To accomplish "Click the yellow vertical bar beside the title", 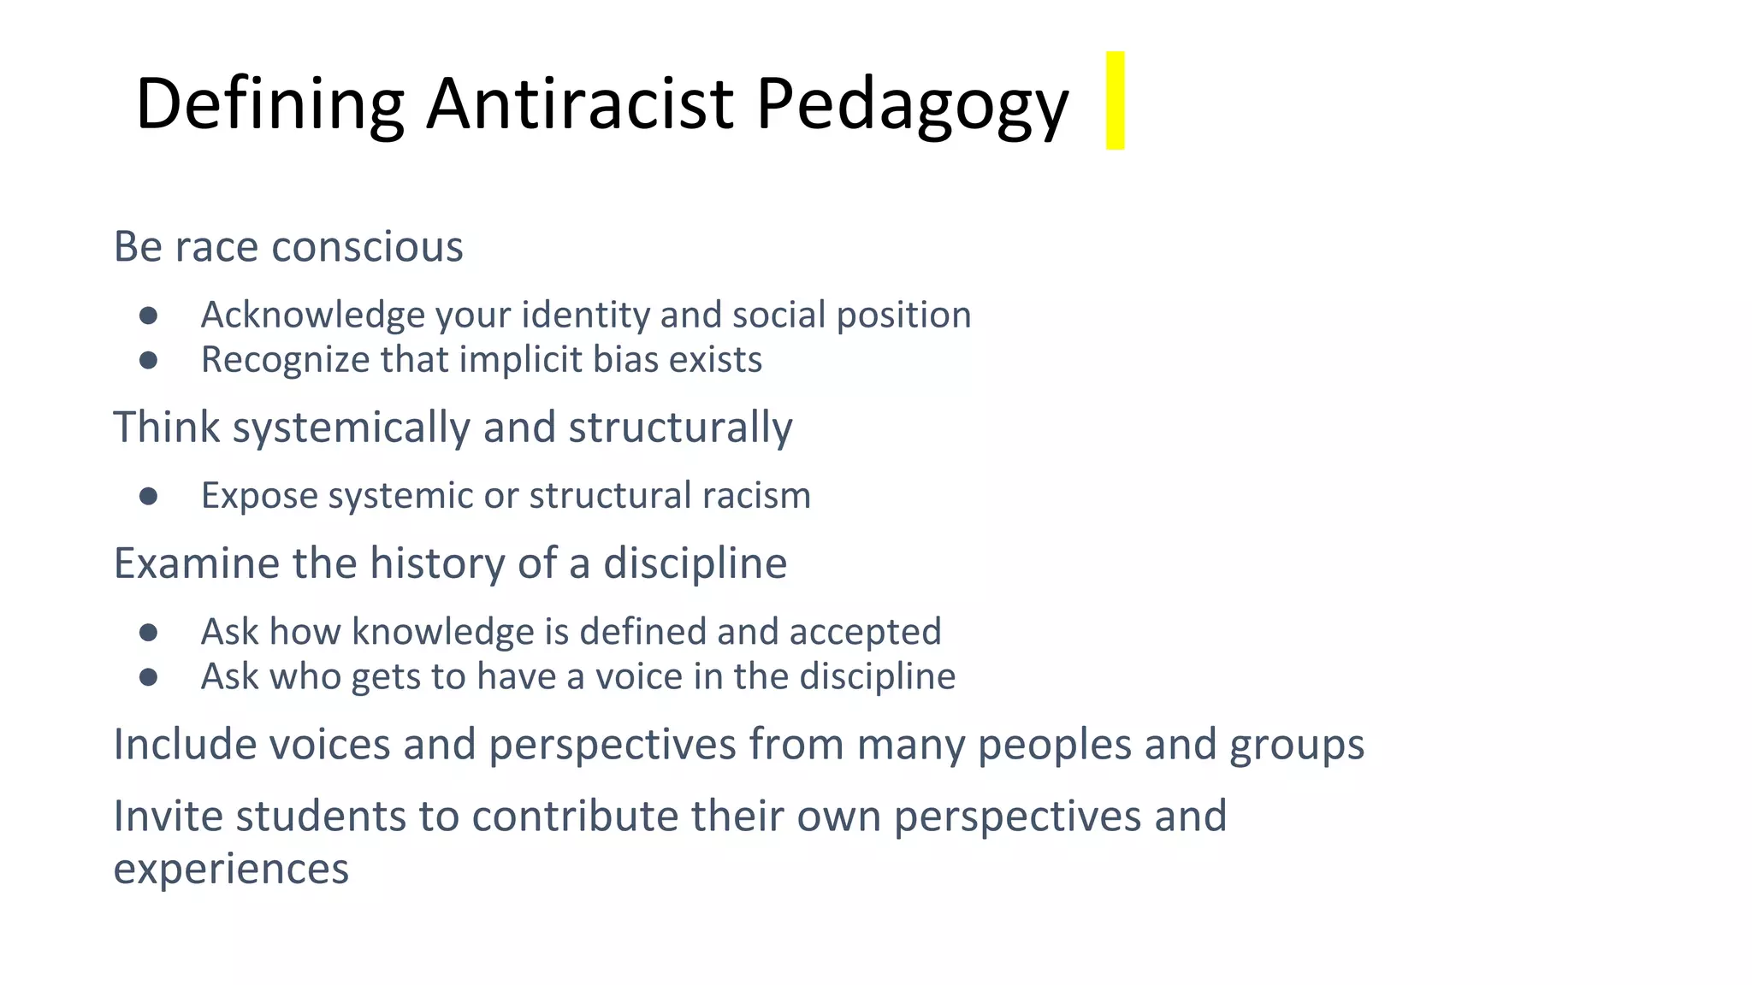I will pyautogui.click(x=1115, y=101).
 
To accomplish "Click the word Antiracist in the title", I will pyautogui.click(x=580, y=103).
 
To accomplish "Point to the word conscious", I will pyautogui.click(x=367, y=247).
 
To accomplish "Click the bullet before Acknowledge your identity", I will pyautogui.click(x=149, y=316).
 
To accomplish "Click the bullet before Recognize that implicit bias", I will pyautogui.click(x=149, y=360).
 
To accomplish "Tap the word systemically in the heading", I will pyautogui.click(x=351, y=428).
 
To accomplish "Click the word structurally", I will pyautogui.click(x=680, y=428).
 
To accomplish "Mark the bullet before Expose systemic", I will pyautogui.click(x=149, y=496).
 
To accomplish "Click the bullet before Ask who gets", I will pyautogui.click(x=149, y=677).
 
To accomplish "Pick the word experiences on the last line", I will pyautogui.click(x=231, y=870).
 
